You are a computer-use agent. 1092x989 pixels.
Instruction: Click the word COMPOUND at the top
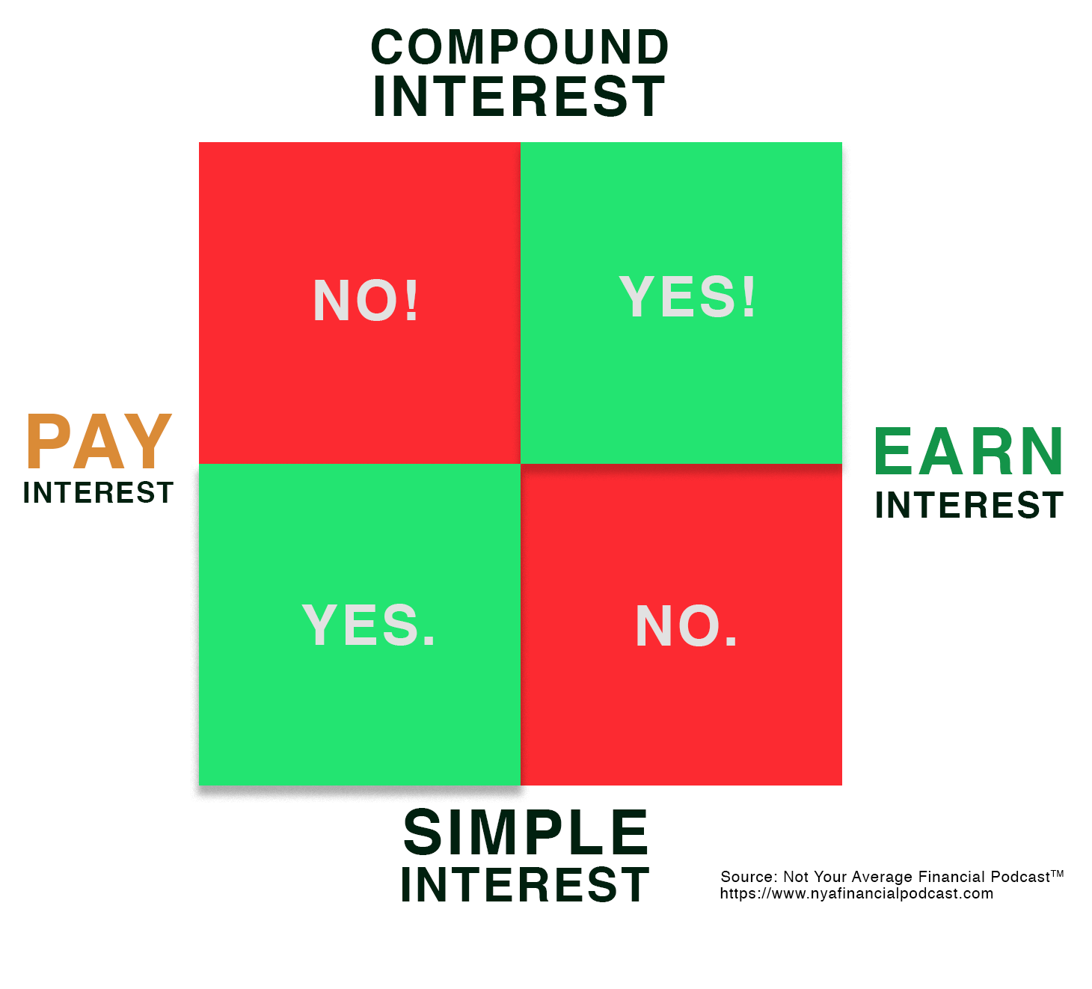[519, 47]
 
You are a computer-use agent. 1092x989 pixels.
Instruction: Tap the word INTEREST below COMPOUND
[519, 97]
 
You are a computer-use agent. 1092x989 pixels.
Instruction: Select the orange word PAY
[99, 441]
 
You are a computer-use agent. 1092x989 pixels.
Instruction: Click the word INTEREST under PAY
[99, 493]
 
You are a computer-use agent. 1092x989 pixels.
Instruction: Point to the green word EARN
[969, 451]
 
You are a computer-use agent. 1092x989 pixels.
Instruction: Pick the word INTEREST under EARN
[969, 505]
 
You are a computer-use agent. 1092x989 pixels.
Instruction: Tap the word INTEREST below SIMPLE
[525, 885]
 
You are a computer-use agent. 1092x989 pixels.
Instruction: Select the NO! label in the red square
[365, 301]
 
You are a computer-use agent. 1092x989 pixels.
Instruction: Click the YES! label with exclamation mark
[687, 296]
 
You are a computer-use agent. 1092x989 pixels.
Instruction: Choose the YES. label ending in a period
[369, 625]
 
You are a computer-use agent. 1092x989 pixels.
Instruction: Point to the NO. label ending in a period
[687, 625]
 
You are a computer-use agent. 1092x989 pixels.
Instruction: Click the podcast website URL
[856, 893]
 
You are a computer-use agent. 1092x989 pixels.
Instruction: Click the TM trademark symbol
[1057, 874]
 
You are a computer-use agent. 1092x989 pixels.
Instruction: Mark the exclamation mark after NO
[411, 301]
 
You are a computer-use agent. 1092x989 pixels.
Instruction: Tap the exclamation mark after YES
[749, 296]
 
